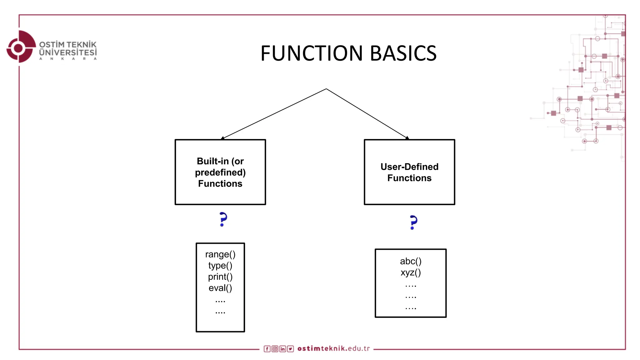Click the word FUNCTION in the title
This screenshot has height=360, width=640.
point(312,53)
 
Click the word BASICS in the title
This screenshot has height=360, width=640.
point(403,53)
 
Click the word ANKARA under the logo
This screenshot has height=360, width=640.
point(68,58)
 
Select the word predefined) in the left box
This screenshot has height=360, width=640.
point(220,172)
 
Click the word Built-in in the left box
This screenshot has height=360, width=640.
point(213,161)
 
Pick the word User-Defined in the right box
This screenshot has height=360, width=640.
point(409,167)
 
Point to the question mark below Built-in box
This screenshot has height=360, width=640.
point(223,219)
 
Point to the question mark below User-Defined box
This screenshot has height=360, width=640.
point(413,222)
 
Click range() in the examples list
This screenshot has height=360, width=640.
point(220,254)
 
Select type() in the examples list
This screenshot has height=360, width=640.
point(220,265)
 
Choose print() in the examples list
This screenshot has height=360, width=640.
point(220,277)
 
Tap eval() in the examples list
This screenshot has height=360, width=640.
point(220,288)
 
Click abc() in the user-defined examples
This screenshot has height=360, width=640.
point(411,261)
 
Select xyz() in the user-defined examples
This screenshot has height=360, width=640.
point(411,272)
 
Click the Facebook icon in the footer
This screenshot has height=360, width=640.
point(267,349)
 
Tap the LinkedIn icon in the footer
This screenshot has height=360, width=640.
point(282,349)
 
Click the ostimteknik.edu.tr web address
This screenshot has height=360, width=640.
point(333,348)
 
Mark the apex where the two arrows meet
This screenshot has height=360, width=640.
point(326,89)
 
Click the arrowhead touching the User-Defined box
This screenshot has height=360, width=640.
point(407,138)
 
